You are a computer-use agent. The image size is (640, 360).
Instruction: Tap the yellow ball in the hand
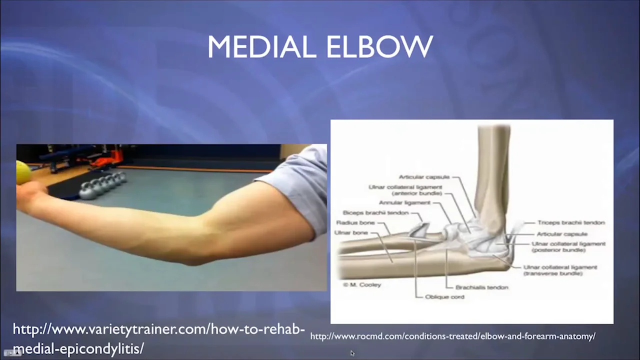[x=23, y=172]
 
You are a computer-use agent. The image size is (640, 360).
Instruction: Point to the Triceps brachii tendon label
[x=571, y=222]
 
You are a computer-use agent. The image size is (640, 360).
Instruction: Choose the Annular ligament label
[x=404, y=203]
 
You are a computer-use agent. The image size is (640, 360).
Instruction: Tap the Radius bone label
[x=355, y=222]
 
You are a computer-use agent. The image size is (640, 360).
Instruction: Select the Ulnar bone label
[x=352, y=232]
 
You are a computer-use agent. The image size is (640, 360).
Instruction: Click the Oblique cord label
[x=444, y=297]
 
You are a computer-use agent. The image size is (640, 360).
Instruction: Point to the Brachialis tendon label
[x=482, y=287]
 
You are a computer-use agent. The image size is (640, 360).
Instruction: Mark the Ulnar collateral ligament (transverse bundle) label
[x=560, y=270]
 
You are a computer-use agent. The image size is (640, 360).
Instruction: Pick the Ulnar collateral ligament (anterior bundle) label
[x=405, y=190]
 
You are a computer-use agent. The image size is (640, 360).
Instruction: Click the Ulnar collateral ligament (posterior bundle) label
[x=568, y=246]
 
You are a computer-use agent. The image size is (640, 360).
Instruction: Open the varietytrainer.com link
[x=158, y=338]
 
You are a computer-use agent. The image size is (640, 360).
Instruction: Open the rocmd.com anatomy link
[x=452, y=336]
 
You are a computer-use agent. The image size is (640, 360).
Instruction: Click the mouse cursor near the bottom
[x=352, y=353]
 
